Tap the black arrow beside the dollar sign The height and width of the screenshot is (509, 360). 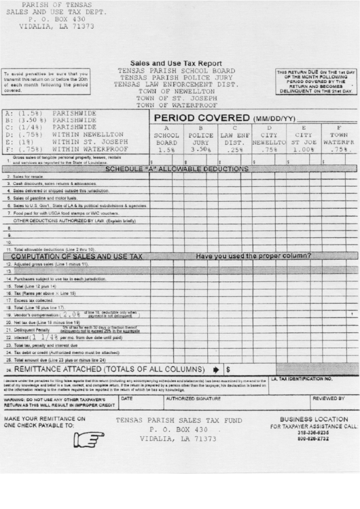(216, 370)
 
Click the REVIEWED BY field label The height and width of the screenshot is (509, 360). (328, 399)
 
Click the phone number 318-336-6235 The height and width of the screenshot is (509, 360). (312, 433)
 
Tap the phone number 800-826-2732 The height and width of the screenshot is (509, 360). (312, 440)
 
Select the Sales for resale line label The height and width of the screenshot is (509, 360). (27, 176)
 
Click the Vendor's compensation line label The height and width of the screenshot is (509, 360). (35, 315)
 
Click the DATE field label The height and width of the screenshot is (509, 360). (127, 399)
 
